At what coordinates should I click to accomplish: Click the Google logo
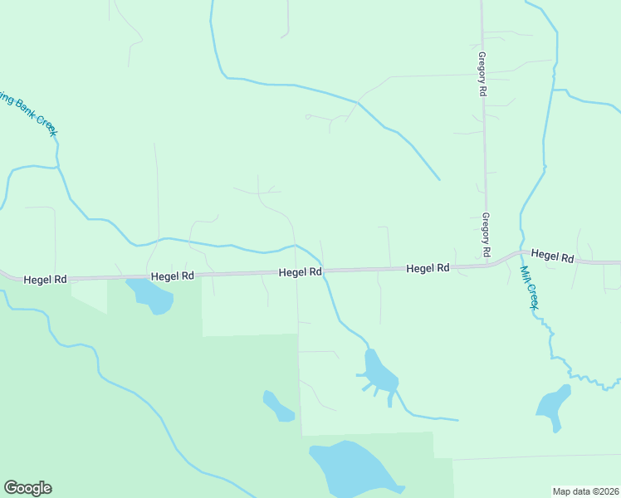(28, 488)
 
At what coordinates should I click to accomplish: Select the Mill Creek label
(529, 287)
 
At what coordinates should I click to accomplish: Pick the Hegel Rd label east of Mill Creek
(552, 256)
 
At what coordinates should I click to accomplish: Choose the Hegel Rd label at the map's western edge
(45, 280)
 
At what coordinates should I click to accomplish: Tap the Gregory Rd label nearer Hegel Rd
(486, 234)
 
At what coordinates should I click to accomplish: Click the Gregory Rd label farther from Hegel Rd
(482, 75)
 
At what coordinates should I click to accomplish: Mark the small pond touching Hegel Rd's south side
(149, 295)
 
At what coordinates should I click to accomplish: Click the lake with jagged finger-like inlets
(379, 375)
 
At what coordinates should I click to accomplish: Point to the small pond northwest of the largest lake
(277, 406)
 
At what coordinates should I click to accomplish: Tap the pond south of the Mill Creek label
(553, 407)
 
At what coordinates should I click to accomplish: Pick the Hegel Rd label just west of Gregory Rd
(428, 268)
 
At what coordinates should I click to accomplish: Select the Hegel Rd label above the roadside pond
(172, 276)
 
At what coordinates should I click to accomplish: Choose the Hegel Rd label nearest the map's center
(300, 271)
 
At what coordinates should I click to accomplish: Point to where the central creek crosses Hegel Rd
(325, 271)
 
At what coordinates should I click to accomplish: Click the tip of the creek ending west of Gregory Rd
(438, 178)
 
